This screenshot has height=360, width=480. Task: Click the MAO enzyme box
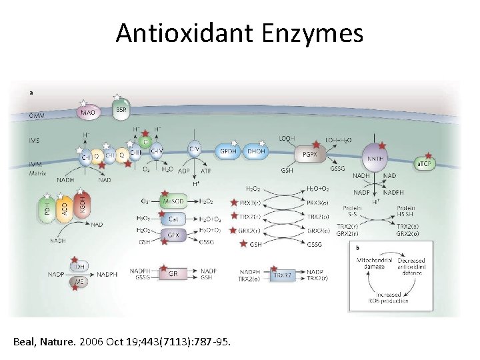(x=88, y=113)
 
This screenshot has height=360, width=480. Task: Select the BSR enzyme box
(x=121, y=110)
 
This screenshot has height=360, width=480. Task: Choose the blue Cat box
(x=173, y=219)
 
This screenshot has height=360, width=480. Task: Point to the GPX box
(x=173, y=235)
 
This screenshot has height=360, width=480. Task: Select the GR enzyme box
(x=173, y=273)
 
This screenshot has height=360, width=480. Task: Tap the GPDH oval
(x=229, y=151)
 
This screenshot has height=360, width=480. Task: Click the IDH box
(x=79, y=267)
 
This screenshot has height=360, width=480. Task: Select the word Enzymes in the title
(x=313, y=33)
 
